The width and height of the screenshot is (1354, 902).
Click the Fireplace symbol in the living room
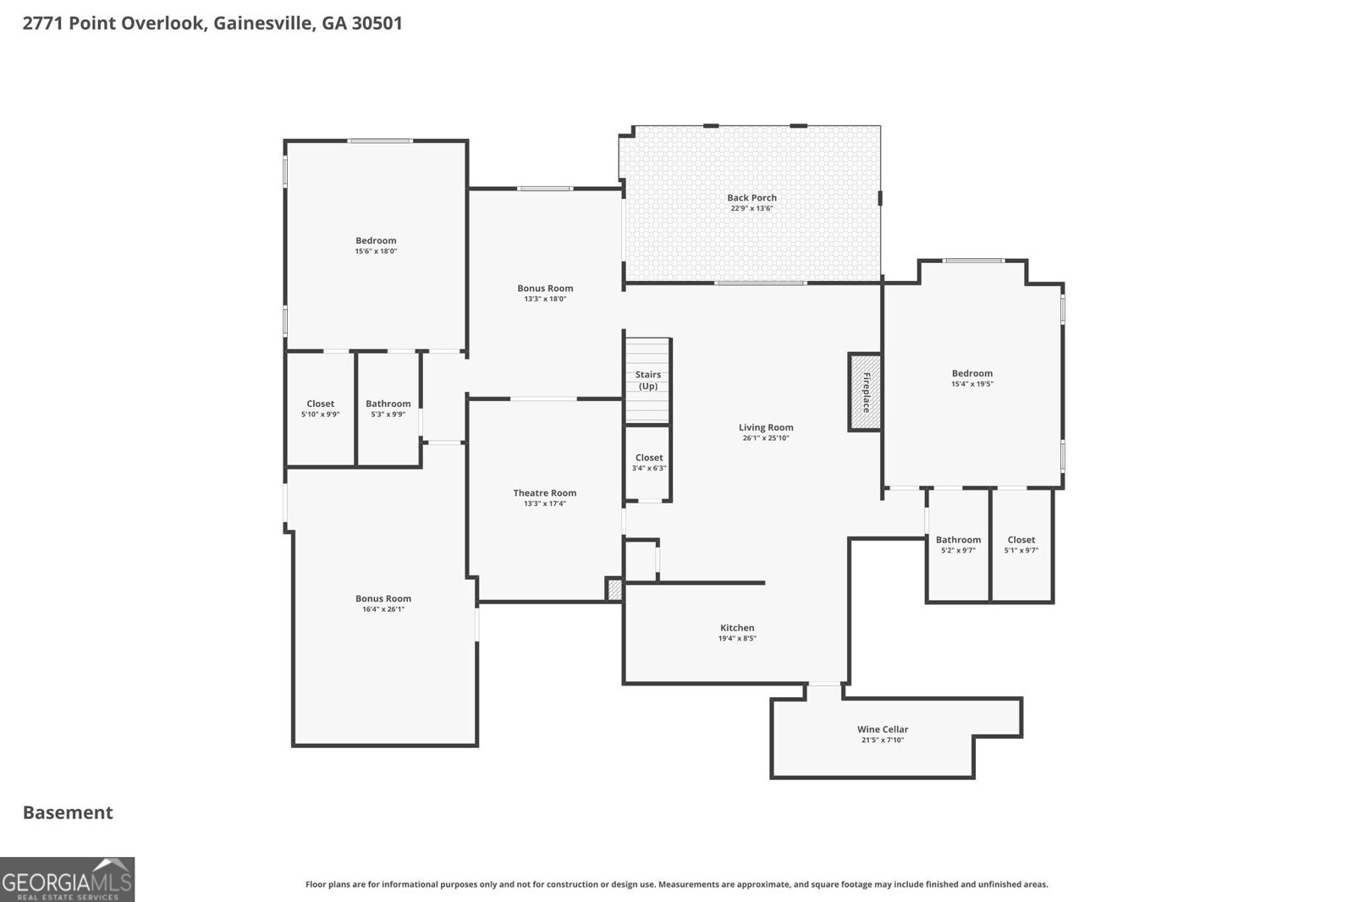[x=865, y=392]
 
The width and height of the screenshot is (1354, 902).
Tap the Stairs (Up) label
[x=648, y=380]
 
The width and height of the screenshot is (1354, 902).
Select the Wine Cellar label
[x=883, y=729]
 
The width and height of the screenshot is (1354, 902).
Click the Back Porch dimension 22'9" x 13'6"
[x=751, y=208]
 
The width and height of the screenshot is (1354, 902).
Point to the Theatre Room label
[x=544, y=492]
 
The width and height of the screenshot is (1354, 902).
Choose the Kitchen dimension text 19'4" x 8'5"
[x=736, y=639]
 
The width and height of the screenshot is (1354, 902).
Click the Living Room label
[x=766, y=427]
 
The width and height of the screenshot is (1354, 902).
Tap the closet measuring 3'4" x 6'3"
[x=649, y=463]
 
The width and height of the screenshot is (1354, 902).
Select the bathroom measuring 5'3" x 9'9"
[x=388, y=409]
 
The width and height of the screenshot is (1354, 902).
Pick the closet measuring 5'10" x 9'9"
[x=320, y=409]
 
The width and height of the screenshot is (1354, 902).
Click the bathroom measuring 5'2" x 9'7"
[x=958, y=545]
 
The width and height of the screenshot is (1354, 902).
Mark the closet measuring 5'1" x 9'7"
[x=1021, y=545]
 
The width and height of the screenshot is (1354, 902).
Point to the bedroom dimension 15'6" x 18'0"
[x=376, y=251]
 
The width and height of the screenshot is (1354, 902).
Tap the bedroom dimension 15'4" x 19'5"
[x=971, y=384]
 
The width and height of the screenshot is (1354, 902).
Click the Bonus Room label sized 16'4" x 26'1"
[x=383, y=598]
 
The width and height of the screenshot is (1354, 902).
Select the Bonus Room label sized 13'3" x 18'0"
[x=545, y=289]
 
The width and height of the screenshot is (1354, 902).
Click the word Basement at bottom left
[x=68, y=812]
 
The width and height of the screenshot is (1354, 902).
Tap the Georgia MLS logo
[x=67, y=879]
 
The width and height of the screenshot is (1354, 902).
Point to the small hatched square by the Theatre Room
[x=614, y=590]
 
